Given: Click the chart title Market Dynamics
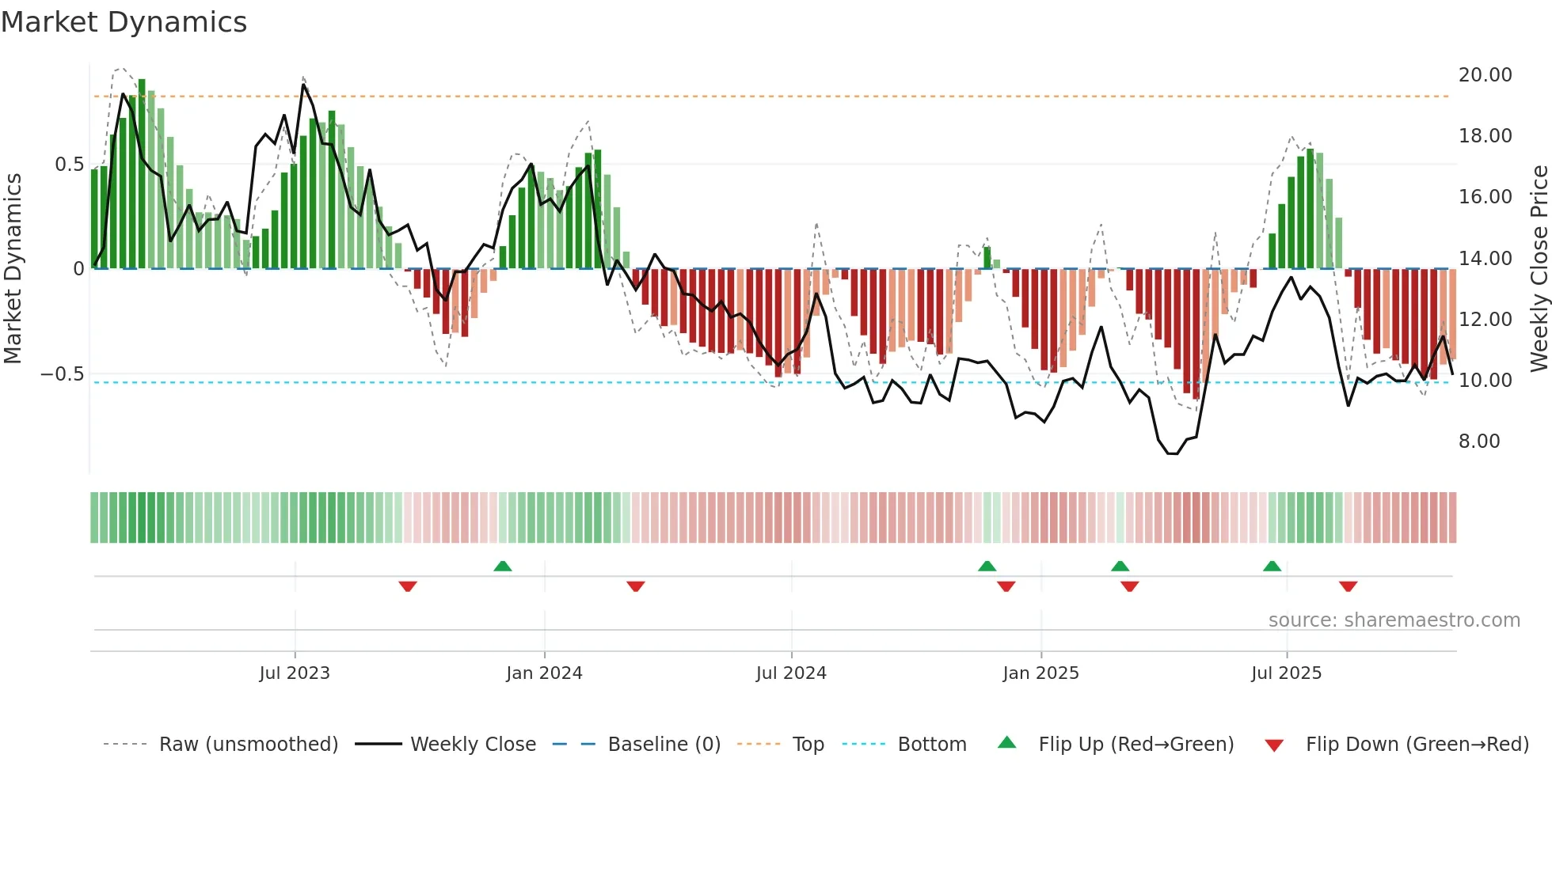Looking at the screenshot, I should click(x=124, y=22).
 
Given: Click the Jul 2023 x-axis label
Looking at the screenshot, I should click(x=294, y=673).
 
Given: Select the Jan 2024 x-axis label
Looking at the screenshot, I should click(x=544, y=673).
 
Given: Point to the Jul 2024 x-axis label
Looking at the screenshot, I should click(x=791, y=673).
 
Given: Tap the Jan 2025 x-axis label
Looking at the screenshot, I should click(x=1040, y=673).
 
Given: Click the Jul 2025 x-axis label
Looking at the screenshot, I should click(x=1286, y=673).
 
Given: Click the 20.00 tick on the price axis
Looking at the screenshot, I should click(x=1485, y=75).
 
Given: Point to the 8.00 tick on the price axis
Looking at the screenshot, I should click(x=1479, y=442).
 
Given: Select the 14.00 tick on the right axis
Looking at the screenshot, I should click(x=1485, y=259).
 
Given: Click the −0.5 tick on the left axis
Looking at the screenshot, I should click(x=62, y=374).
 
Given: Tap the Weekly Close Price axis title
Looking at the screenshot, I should click(x=1539, y=268).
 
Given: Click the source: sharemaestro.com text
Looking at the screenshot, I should click(x=1394, y=620).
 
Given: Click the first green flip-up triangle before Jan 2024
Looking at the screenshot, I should click(x=502, y=566).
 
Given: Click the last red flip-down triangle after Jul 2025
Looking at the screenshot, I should click(x=1348, y=586).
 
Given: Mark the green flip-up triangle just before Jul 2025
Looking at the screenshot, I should click(x=1272, y=566).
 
